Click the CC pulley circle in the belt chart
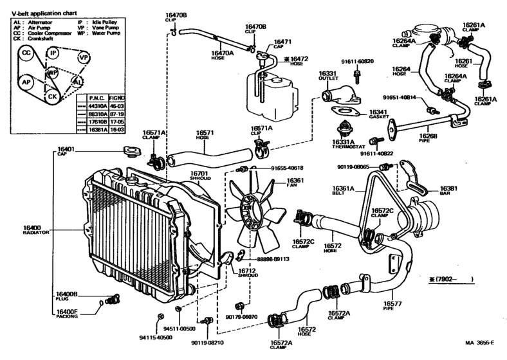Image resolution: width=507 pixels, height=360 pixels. (x=26, y=52)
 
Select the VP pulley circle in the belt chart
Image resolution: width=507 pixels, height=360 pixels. (x=83, y=57)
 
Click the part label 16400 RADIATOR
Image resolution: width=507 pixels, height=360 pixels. (x=32, y=230)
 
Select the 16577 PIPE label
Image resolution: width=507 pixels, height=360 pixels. (x=392, y=306)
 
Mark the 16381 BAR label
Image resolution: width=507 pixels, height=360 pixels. (x=448, y=191)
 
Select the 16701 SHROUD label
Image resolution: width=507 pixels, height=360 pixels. (x=199, y=175)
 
